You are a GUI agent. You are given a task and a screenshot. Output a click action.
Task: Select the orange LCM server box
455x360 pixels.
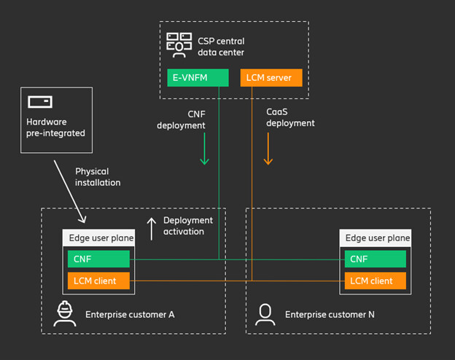coord(271,77)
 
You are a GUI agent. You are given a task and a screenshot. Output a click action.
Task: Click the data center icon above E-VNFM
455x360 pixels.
coord(179,44)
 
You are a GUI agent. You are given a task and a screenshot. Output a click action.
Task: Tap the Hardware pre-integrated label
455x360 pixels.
coord(56,128)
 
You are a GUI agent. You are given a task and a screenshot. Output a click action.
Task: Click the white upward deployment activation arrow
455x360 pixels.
coord(152,228)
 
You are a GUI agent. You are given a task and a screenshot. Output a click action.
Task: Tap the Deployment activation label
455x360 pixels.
coord(187,226)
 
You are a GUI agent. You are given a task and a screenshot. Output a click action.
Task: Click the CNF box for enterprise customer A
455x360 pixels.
coord(98,259)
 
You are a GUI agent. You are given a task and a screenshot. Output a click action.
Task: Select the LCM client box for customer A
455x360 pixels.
coord(98,281)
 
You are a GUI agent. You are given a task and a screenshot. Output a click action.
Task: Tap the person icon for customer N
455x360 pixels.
coord(265,314)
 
